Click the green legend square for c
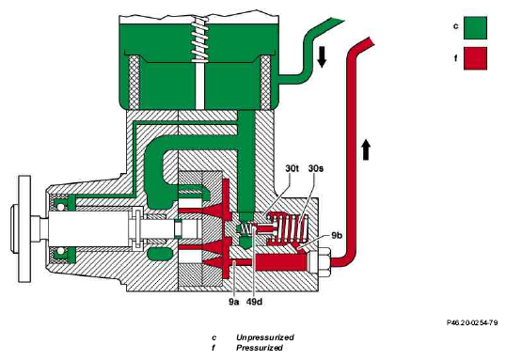475,28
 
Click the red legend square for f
475,58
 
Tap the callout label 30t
293,168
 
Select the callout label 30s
316,168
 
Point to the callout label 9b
337,235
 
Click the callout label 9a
234,302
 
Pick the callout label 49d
254,302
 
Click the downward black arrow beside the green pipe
322,56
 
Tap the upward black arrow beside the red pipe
365,149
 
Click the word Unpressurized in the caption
265,337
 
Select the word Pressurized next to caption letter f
260,348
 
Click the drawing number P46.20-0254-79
472,322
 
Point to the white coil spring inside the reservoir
200,39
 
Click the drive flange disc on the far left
24,228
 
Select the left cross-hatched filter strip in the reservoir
134,82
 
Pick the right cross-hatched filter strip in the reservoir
266,82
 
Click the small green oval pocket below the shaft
159,254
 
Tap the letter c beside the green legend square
455,26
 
